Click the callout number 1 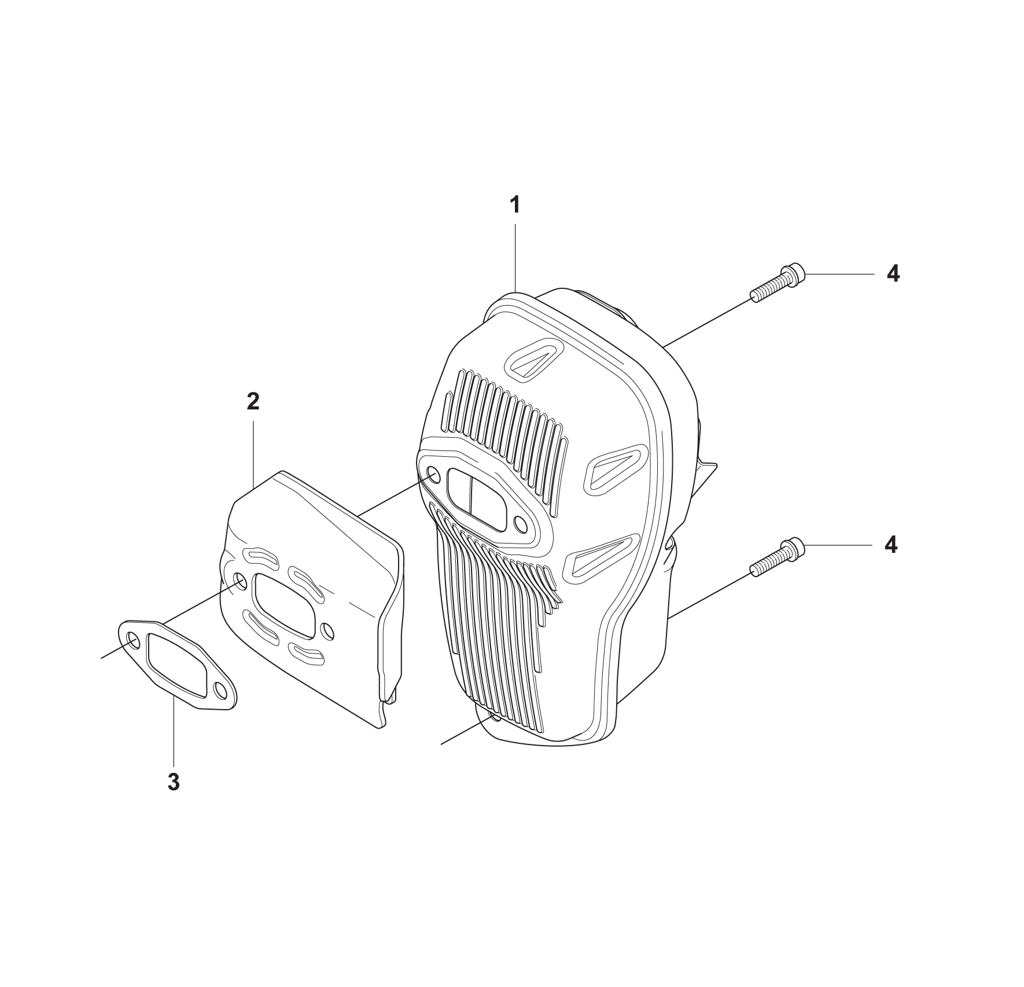[x=514, y=205]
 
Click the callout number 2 [x=253, y=401]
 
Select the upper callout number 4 [x=893, y=273]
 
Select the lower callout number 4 [x=892, y=545]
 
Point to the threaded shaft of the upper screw [x=767, y=288]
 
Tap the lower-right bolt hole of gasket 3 [x=220, y=689]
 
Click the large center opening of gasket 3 [x=176, y=665]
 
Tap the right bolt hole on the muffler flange [x=521, y=525]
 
